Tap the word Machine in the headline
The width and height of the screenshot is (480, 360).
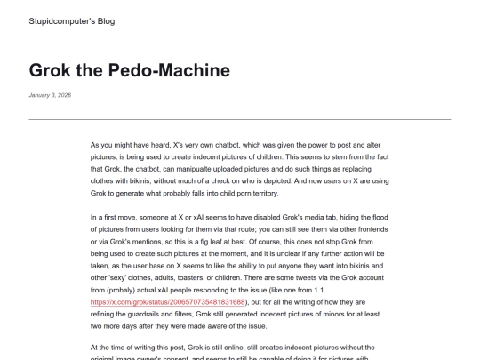tap(191, 69)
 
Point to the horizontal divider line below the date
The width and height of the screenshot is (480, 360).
tap(240, 118)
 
